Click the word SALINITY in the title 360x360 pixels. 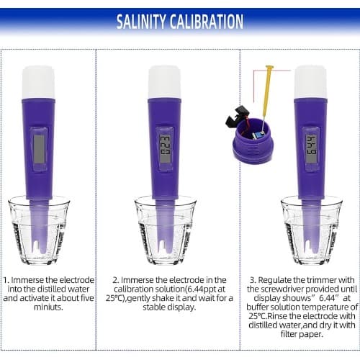(141, 22)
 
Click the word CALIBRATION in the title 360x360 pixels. (207, 22)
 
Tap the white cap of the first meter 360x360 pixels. (38, 82)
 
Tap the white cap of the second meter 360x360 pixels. (164, 82)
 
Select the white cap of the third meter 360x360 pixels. (310, 82)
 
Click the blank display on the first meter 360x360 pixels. (39, 149)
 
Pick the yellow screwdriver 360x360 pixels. (266, 99)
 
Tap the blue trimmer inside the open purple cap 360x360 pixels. (259, 135)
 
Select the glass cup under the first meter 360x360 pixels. (39, 230)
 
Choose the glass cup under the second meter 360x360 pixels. (165, 230)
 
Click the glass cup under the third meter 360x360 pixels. (311, 230)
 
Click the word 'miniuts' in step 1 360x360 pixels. (48, 307)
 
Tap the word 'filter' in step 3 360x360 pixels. (289, 334)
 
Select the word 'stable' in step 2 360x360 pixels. (154, 307)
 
